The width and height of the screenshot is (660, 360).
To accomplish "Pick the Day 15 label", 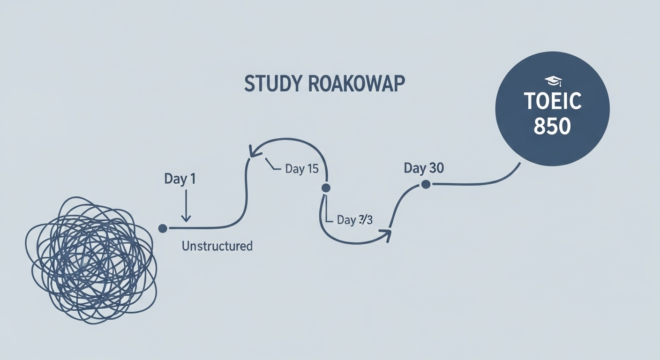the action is (301, 169).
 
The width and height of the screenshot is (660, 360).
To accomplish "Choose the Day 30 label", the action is (424, 168).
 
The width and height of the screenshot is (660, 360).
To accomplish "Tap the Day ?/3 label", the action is (354, 220).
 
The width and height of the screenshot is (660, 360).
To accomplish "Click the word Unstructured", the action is (217, 246).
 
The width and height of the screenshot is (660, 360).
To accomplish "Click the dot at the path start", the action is (163, 228).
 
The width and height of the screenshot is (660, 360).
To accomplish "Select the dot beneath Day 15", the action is (326, 188).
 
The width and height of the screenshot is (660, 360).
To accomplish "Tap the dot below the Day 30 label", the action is (426, 185).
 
